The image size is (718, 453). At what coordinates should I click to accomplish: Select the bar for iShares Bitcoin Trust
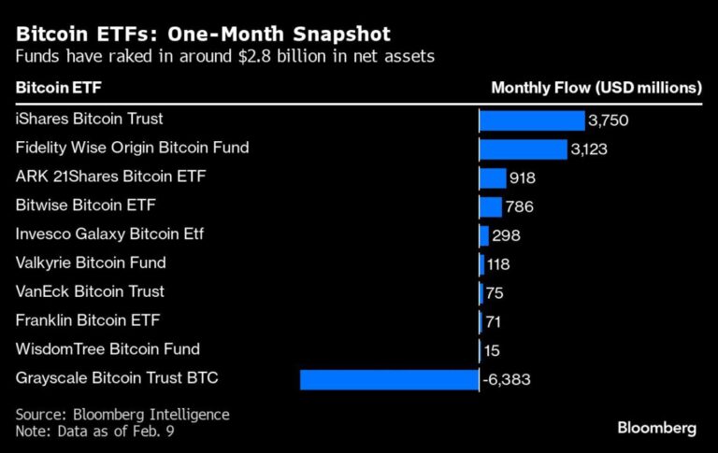coord(531,120)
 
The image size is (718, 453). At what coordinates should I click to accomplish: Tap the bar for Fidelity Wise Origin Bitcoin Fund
coord(523,149)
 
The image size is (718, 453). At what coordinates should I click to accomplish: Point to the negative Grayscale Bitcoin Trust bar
coord(389,379)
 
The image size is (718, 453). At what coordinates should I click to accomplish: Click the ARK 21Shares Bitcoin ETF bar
coord(492,178)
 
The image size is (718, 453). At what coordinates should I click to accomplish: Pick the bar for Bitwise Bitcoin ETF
coord(490,206)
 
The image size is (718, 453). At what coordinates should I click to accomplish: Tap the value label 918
coord(523,178)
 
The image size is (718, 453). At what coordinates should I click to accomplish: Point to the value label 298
coord(506,235)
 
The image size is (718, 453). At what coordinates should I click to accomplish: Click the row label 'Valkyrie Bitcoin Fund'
coord(91,262)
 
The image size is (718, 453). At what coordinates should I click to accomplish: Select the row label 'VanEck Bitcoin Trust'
coord(90,291)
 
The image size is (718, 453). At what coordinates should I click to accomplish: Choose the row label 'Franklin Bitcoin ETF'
coord(88,320)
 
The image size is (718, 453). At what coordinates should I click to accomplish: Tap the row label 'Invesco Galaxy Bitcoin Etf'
coord(109,234)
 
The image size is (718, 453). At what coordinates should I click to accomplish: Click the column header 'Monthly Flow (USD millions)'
coord(596,88)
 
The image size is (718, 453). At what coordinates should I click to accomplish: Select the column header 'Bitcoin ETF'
coord(56,88)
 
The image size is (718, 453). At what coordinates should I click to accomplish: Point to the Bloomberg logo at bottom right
coord(656,428)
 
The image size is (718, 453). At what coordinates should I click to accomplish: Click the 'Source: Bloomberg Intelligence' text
coord(122,414)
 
